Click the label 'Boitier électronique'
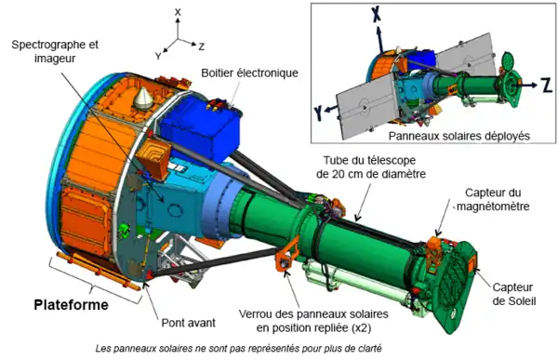click(249, 73)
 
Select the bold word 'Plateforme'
click(72, 305)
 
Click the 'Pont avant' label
click(188, 323)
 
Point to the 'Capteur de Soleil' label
click(514, 294)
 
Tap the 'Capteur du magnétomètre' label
click(493, 199)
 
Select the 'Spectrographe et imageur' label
click(55, 51)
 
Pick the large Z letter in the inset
click(547, 86)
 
